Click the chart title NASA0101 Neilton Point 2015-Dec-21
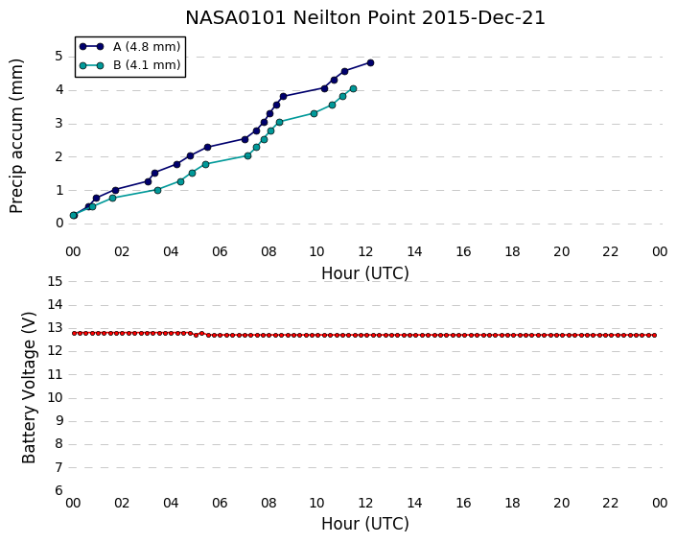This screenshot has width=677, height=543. tap(365, 17)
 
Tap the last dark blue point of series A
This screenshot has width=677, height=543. tap(370, 62)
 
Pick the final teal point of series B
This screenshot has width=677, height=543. tap(353, 88)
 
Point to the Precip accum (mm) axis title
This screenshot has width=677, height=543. tap(16, 136)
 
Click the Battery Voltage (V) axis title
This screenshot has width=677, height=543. tap(29, 388)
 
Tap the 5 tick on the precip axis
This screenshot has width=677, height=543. tap(58, 57)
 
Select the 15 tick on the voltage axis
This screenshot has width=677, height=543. tap(55, 282)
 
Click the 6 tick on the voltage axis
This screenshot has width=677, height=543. tap(58, 490)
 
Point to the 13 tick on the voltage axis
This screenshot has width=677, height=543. tap(55, 328)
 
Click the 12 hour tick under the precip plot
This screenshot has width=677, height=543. tap(365, 251)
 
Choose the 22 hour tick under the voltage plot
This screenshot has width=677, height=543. tap(610, 503)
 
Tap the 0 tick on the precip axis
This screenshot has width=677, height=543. tap(58, 224)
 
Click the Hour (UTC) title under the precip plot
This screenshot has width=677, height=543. tap(365, 273)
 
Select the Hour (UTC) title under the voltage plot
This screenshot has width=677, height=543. tap(365, 524)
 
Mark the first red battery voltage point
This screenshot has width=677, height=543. tap(74, 333)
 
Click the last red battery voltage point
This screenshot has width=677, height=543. tap(655, 335)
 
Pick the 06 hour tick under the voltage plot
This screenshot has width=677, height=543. tap(220, 503)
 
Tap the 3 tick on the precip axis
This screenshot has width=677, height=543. tap(58, 123)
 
